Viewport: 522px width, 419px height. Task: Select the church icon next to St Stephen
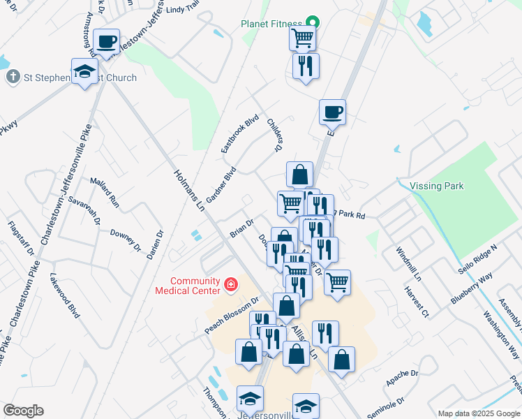coord(13,77)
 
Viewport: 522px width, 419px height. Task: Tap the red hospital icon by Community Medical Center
coord(230,285)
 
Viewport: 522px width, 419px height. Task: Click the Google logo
coord(22,411)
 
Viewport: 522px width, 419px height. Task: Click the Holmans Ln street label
coord(188,190)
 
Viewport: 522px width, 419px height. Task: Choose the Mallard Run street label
coord(105,192)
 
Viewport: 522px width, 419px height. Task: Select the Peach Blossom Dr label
coord(232,314)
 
